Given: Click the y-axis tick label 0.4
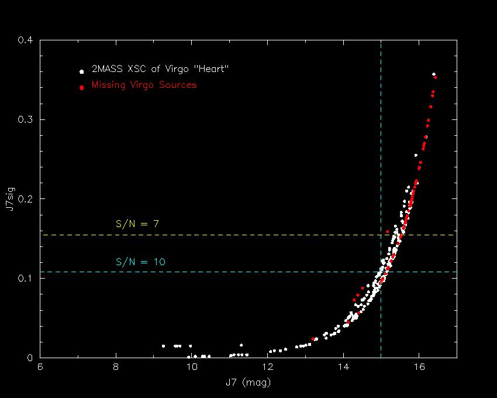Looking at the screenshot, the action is tap(25, 40).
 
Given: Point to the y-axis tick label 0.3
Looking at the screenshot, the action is tap(25, 119).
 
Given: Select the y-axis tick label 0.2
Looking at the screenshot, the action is tap(25, 199).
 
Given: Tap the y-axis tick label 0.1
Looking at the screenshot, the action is tap(25, 279).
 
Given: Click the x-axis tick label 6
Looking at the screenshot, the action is tap(40, 367).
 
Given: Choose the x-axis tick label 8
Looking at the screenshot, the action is tap(116, 367).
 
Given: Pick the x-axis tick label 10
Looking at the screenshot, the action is tap(192, 367).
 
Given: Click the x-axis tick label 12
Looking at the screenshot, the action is tap(268, 367).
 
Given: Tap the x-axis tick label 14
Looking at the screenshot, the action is tap(343, 367).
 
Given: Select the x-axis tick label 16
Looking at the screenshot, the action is tap(419, 367).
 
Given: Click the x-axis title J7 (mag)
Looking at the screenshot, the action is tap(248, 382).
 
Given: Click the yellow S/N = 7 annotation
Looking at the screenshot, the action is tap(137, 224).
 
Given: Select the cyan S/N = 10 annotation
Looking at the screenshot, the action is tap(140, 262).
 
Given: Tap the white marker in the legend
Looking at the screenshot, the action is tap(81, 72).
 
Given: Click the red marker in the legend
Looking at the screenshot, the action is tap(81, 88).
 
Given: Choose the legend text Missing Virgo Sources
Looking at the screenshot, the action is tap(144, 85).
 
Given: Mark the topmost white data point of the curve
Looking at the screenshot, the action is tap(434, 74).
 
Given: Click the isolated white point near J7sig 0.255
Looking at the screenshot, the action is tap(416, 155).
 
